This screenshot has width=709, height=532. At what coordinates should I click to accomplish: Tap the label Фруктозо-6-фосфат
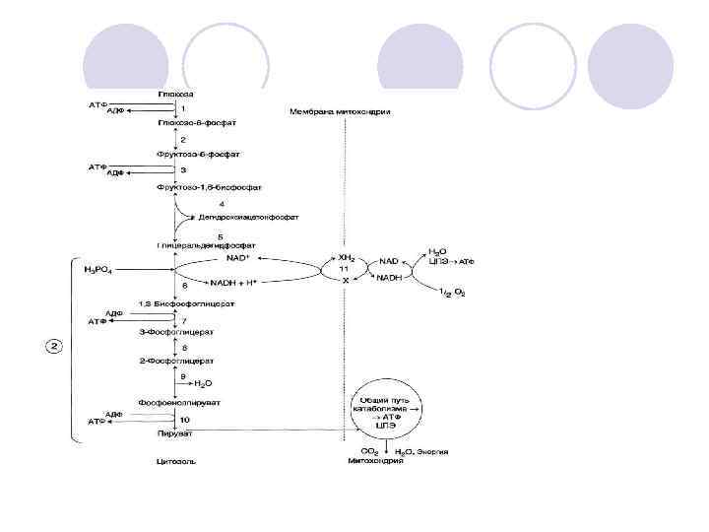[198, 155]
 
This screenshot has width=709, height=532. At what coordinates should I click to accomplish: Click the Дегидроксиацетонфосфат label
[248, 217]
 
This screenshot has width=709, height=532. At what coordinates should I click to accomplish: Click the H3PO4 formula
[103, 269]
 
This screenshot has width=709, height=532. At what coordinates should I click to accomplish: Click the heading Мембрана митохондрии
[341, 112]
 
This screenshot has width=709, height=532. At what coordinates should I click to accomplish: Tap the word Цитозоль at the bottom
[172, 459]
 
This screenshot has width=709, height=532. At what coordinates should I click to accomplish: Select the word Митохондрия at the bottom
[375, 460]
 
